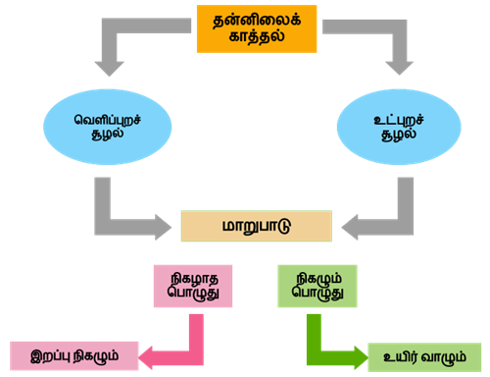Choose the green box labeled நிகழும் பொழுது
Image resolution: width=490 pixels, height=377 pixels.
[x=317, y=285]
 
